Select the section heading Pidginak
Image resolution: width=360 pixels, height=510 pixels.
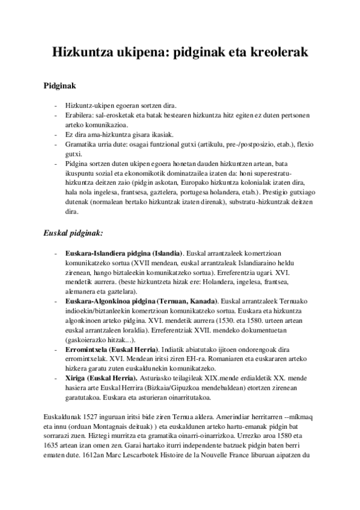(59, 86)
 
